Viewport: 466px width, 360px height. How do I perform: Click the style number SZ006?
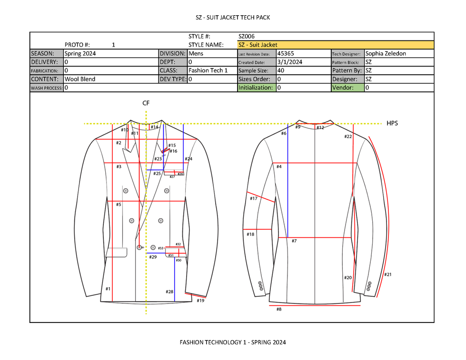[x=247, y=36]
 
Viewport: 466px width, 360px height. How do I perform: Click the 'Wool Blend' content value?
[x=80, y=79]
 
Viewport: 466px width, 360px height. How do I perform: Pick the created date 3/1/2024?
[x=290, y=62]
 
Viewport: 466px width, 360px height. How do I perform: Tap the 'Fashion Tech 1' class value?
[x=208, y=70]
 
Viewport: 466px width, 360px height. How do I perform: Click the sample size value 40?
[x=280, y=70]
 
